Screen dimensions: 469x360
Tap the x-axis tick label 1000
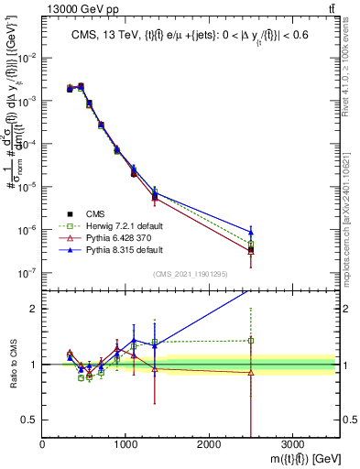click(x=125, y=444)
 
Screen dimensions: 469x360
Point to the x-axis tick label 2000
click(x=209, y=444)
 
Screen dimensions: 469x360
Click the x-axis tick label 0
click(x=42, y=444)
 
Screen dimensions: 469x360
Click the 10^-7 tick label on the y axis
click(x=27, y=272)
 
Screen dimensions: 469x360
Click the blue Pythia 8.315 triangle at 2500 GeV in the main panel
click(x=251, y=232)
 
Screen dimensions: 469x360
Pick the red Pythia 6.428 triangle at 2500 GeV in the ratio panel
click(x=251, y=372)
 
